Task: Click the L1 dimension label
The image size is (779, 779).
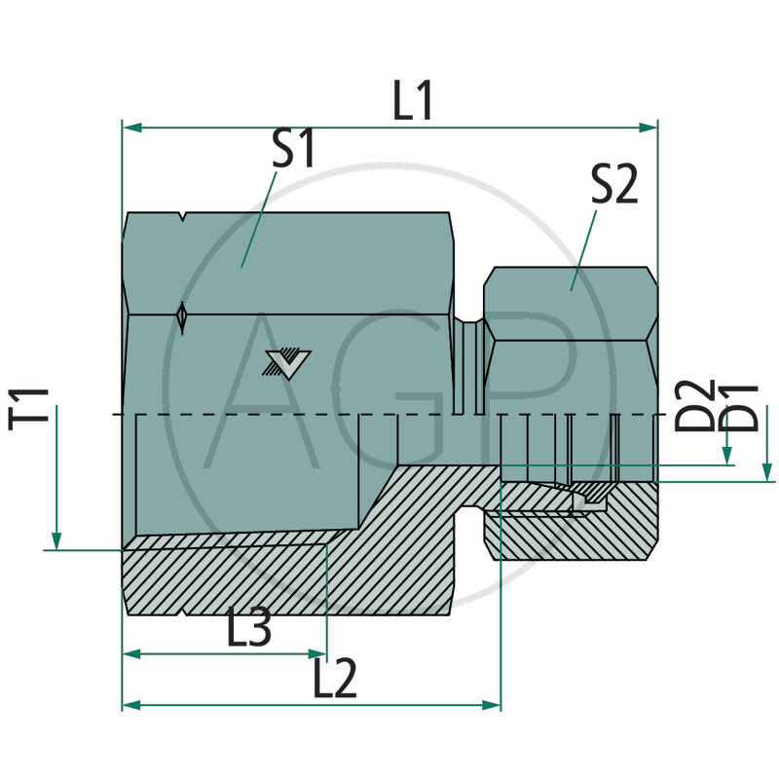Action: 413,102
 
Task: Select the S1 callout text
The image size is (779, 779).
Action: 293,151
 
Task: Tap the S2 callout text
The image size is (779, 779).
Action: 614,184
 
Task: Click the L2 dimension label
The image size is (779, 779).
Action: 335,680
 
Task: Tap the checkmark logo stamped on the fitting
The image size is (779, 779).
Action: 283,363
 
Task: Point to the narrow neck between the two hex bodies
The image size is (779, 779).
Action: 470,370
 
